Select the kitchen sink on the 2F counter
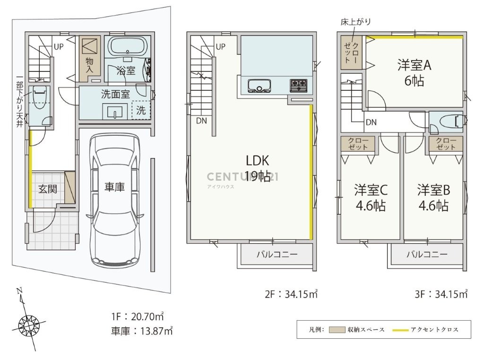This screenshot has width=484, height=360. (259, 86)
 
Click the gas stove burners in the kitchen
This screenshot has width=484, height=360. (298, 85)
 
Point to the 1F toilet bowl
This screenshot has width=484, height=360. (40, 97)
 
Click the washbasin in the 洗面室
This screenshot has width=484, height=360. (114, 111)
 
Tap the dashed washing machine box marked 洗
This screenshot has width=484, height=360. (141, 110)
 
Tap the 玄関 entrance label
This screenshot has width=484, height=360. (48, 189)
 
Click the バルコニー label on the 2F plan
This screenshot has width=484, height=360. (277, 255)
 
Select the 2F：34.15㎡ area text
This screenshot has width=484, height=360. (291, 294)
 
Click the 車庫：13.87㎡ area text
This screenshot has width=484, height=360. (142, 331)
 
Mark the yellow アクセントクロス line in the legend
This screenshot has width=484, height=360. (400, 330)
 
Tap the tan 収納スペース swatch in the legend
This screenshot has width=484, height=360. (337, 330)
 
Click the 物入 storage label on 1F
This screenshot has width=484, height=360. (89, 65)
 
